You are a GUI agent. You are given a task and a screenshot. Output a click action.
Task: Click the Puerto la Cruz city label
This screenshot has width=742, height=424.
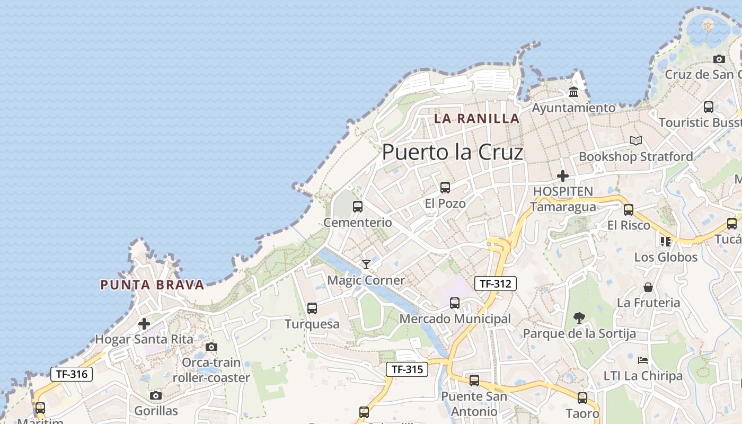(x=452, y=152)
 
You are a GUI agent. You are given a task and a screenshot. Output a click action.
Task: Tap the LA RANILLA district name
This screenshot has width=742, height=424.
(x=476, y=118)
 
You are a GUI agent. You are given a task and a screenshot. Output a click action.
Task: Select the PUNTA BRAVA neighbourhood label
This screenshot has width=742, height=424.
(x=152, y=285)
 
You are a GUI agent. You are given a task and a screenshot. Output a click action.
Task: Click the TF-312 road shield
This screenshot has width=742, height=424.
(x=495, y=284)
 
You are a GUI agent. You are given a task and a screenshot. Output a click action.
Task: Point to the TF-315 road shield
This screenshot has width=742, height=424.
(x=407, y=369)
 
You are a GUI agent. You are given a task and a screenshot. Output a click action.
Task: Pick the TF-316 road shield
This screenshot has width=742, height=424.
(x=72, y=374)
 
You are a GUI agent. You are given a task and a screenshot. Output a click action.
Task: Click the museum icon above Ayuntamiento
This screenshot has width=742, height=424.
(x=573, y=93)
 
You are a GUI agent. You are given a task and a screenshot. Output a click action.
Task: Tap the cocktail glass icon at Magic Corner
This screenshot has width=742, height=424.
(x=366, y=264)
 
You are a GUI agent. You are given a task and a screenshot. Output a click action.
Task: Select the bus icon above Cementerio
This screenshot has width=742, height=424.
(x=358, y=207)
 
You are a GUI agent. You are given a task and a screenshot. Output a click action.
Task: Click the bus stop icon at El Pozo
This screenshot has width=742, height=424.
(x=445, y=187)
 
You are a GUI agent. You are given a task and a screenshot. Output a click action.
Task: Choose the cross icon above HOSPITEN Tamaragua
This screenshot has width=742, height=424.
(x=563, y=175)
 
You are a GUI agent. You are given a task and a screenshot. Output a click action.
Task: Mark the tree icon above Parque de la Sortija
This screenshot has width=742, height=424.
(x=579, y=318)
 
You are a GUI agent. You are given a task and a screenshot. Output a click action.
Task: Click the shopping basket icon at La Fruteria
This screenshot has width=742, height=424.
(x=648, y=287)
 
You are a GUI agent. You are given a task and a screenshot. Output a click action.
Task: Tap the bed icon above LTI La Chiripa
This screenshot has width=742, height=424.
(x=643, y=360)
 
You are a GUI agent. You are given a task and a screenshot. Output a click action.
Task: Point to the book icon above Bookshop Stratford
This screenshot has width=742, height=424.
(x=636, y=140)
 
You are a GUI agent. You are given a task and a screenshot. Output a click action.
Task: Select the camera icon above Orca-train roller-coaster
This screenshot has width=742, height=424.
(x=211, y=347)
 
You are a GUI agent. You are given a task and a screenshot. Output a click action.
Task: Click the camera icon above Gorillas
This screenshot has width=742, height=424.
(x=155, y=395)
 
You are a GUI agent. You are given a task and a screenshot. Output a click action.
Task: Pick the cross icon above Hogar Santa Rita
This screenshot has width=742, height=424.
(x=144, y=323)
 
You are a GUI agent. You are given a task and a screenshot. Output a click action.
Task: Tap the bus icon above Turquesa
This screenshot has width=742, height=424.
(x=312, y=308)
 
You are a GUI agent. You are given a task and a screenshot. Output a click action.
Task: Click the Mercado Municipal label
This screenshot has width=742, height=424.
(x=455, y=319)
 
